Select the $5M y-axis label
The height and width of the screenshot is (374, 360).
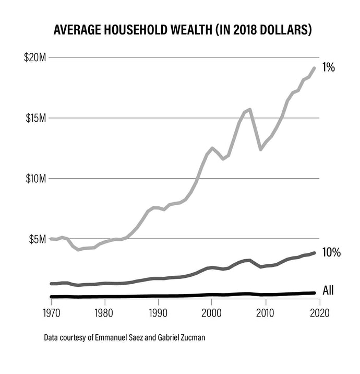37,239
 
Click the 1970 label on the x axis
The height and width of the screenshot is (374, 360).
52,312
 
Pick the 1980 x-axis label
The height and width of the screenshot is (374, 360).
105,312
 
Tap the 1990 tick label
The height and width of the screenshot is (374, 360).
158,312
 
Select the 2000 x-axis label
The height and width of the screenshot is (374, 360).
211,312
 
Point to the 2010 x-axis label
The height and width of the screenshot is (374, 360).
265,312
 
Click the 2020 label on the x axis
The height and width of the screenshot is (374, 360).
318,312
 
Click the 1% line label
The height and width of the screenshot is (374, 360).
328,67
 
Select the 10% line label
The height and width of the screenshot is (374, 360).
331,253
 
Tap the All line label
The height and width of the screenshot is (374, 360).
329,290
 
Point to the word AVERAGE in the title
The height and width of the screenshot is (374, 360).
76,30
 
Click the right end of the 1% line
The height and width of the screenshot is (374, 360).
314,68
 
